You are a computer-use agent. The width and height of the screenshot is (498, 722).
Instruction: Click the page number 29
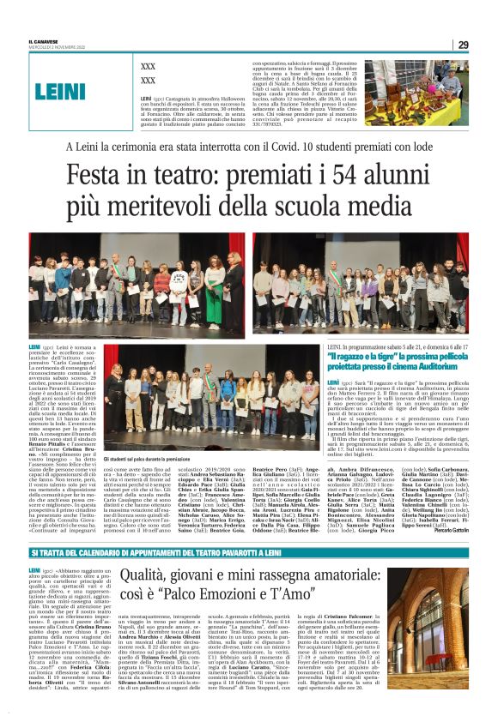coord(463,45)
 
